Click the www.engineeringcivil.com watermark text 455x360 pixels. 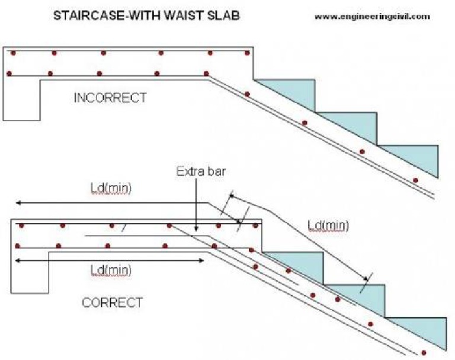[x=371, y=17]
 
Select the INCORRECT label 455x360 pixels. [x=110, y=98]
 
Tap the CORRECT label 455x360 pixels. [x=112, y=302]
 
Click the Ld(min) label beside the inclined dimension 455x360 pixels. [x=328, y=225]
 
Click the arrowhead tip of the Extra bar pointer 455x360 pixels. [x=196, y=230]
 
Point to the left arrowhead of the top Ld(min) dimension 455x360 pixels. [x=18, y=203]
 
